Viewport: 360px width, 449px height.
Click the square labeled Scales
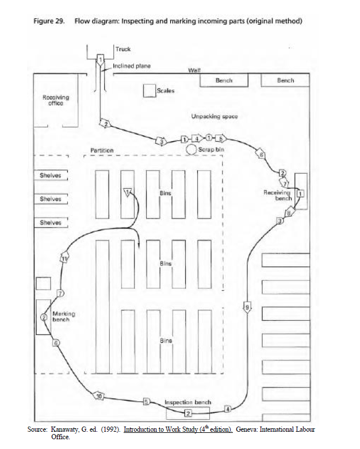pyautogui.click(x=150, y=91)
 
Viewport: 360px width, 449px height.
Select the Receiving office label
pyautogui.click(x=56, y=100)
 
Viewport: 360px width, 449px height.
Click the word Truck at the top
pyautogui.click(x=123, y=50)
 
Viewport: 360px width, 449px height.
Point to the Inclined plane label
pyautogui.click(x=132, y=66)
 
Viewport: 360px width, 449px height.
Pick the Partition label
pyautogui.click(x=102, y=150)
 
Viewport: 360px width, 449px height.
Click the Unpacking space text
pyautogui.click(x=214, y=117)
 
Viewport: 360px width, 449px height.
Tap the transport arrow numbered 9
pyautogui.click(x=247, y=307)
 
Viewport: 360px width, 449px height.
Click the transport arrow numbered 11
pyautogui.click(x=65, y=259)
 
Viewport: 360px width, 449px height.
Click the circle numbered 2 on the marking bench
pyautogui.click(x=44, y=317)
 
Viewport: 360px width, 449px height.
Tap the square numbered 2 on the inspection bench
pyautogui.click(x=187, y=413)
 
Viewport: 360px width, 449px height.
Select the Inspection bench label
pyautogui.click(x=187, y=402)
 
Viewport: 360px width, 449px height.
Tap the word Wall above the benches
pyautogui.click(x=193, y=70)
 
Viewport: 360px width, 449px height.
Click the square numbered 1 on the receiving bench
pyautogui.click(x=300, y=193)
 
